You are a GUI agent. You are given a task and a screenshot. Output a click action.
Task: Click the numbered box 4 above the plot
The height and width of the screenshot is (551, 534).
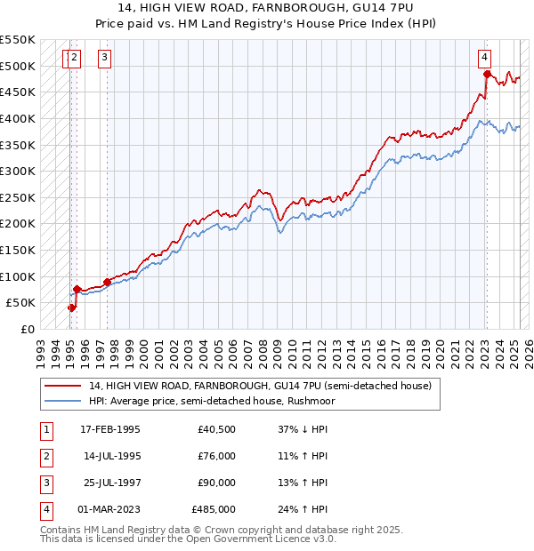pyautogui.click(x=485, y=59)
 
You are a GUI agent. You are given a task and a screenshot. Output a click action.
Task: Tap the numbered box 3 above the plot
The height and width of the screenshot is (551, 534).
pyautogui.click(x=105, y=59)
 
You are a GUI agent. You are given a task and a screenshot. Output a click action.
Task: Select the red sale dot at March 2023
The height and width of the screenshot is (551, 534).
pyautogui.click(x=487, y=74)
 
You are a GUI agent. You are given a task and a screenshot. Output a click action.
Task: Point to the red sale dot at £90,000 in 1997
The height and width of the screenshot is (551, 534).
pyautogui.click(x=108, y=282)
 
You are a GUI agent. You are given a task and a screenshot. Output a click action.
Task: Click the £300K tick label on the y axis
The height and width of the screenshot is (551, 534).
pyautogui.click(x=18, y=171)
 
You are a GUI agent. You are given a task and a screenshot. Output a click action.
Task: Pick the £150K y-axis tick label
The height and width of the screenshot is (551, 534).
pyautogui.click(x=18, y=250)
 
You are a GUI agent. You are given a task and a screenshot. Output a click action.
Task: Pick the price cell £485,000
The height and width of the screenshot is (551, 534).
pyautogui.click(x=214, y=509)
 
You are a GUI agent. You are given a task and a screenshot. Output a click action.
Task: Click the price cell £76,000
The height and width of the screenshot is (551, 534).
pyautogui.click(x=216, y=457)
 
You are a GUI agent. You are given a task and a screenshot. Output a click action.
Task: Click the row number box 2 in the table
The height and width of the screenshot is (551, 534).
pyautogui.click(x=45, y=457)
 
